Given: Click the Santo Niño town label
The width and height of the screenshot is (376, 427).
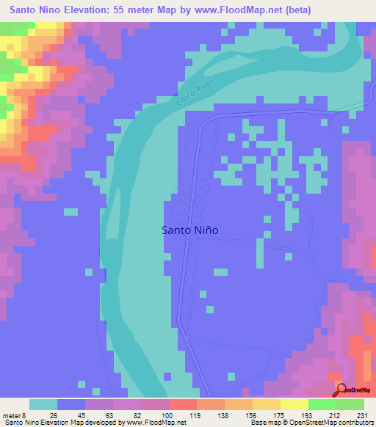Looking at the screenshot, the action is click(x=189, y=230).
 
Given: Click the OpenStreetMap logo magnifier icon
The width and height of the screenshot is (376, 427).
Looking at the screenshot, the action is click(x=341, y=390).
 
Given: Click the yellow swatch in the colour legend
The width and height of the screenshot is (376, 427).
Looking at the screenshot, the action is click(x=294, y=404).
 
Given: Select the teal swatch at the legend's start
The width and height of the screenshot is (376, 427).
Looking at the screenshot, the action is click(x=43, y=404).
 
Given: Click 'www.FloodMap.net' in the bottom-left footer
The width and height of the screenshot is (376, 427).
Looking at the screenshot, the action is click(x=156, y=423).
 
